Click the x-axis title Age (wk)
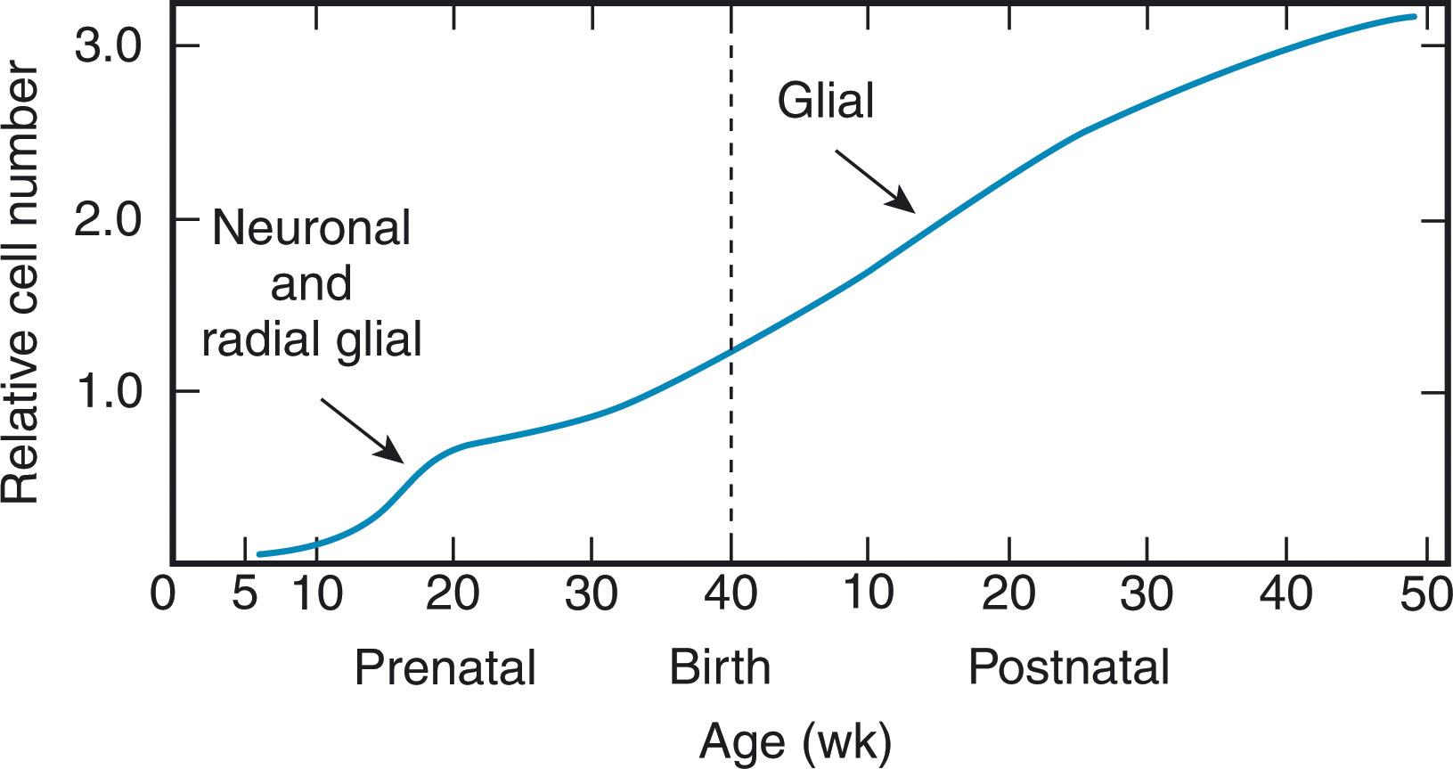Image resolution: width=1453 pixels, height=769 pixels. [796, 741]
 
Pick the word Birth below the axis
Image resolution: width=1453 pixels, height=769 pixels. [720, 667]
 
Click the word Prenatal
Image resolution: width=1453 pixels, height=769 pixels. [445, 667]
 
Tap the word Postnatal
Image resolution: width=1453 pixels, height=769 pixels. [1068, 667]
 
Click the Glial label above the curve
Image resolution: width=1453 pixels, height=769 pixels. [826, 101]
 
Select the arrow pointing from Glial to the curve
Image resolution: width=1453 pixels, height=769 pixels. [874, 181]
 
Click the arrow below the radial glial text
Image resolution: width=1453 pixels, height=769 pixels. [362, 429]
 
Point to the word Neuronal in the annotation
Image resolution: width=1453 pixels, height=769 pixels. [311, 228]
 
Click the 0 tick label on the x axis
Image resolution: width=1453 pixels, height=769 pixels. [162, 594]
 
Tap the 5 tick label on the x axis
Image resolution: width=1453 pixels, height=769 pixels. [243, 594]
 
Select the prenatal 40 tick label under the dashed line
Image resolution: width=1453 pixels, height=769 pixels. [731, 594]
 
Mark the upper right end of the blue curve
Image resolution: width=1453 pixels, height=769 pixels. [1415, 16]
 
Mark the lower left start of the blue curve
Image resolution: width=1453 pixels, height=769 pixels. [259, 554]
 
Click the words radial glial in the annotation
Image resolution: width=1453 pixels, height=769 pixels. [311, 340]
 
